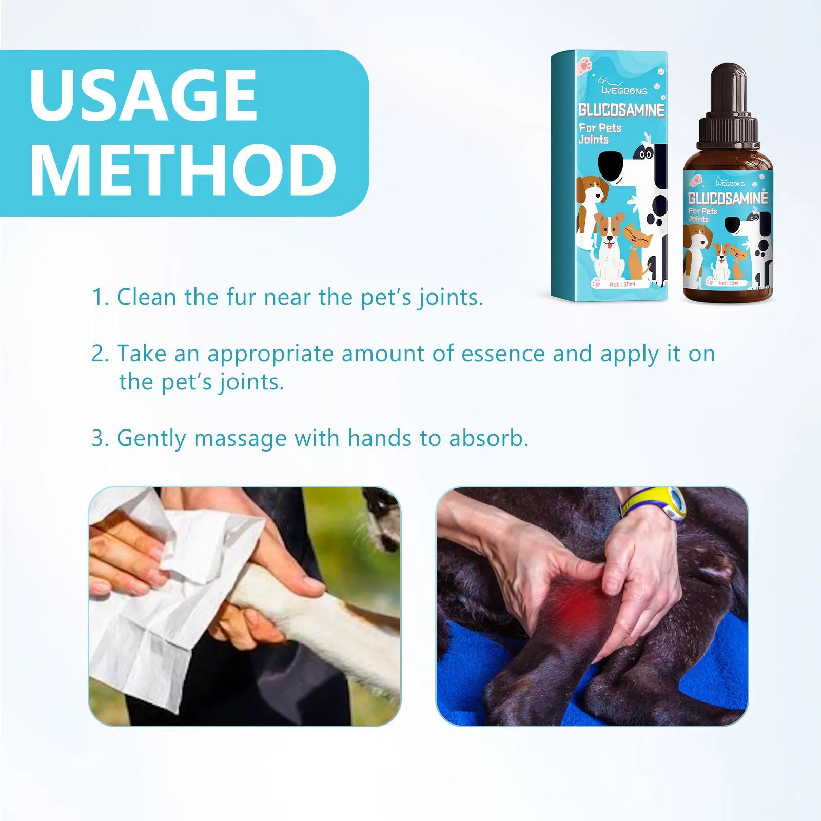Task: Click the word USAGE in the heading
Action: [143, 95]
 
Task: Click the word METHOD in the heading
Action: [183, 170]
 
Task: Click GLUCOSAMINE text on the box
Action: [621, 110]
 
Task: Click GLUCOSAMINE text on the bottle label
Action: [728, 198]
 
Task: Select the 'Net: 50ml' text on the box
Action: [622, 284]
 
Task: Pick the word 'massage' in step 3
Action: [241, 438]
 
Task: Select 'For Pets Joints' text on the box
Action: [599, 133]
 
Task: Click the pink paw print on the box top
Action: [584, 66]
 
